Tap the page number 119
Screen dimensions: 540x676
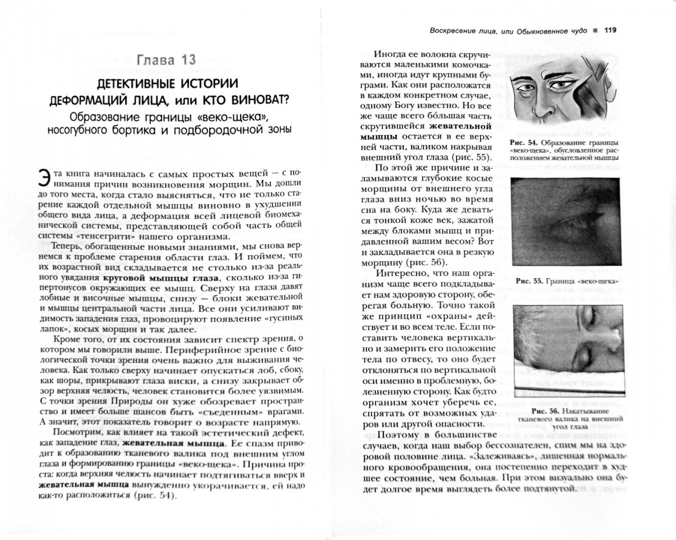610,30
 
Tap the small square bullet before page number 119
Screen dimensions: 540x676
595,30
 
